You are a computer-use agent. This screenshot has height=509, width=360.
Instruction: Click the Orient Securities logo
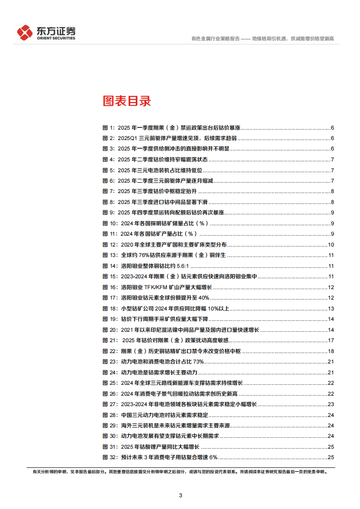[46, 32]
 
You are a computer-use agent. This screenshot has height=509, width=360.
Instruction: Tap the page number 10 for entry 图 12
[331, 245]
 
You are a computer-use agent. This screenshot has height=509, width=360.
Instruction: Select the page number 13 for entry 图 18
[331, 309]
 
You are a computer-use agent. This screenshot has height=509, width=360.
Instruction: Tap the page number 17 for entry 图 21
[331, 340]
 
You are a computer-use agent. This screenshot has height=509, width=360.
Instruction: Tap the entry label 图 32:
[110, 457]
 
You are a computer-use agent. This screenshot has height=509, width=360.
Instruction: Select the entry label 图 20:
[110, 330]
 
